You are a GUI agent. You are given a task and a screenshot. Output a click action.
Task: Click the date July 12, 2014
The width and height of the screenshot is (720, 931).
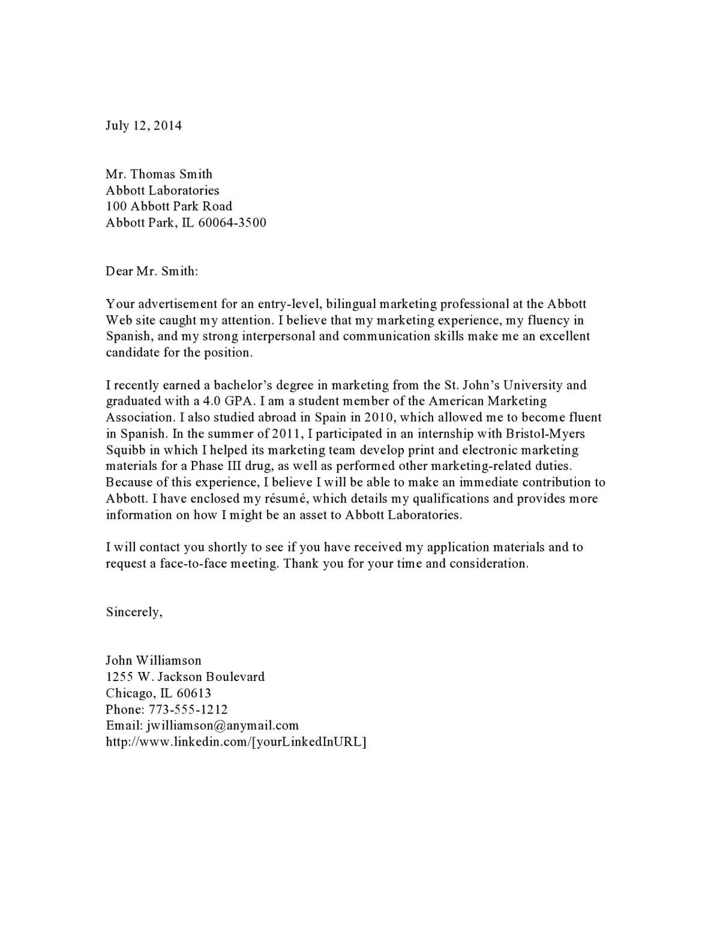click(143, 125)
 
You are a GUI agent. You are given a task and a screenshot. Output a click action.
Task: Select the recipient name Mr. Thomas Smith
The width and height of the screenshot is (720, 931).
click(159, 174)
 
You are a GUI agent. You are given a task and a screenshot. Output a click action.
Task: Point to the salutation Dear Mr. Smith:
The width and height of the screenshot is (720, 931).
click(152, 271)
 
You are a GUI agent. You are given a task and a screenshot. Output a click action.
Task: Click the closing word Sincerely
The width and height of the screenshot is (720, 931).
click(133, 612)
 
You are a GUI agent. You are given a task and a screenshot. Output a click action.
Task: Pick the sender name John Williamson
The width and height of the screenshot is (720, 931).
click(154, 661)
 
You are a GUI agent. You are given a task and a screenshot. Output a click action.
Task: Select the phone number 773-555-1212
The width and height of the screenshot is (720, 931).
click(188, 709)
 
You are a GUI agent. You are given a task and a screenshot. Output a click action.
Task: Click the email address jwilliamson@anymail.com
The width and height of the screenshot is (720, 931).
click(223, 725)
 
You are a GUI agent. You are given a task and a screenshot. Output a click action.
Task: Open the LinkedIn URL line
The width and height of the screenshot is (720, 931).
click(236, 742)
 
